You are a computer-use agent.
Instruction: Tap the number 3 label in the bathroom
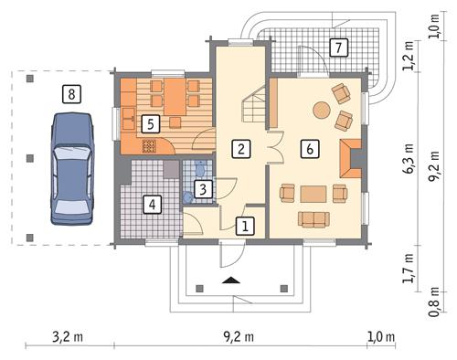[x=206, y=189]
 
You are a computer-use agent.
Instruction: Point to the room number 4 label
[x=154, y=204]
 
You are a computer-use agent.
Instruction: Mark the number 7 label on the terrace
[x=338, y=46]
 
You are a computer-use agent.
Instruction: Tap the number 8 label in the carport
[x=70, y=91]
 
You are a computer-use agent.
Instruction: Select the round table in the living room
[x=323, y=110]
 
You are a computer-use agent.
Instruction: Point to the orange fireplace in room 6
[x=352, y=157]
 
